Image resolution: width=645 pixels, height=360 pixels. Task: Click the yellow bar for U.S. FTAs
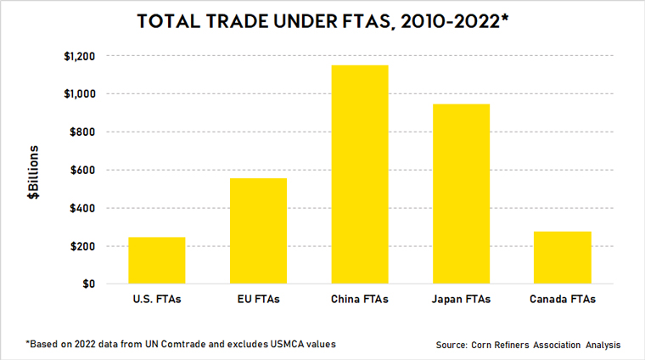(x=157, y=261)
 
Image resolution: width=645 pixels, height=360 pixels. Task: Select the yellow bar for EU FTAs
(x=258, y=231)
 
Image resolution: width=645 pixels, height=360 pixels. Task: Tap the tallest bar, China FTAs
(x=360, y=175)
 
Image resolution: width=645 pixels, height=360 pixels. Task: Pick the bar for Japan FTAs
(x=461, y=194)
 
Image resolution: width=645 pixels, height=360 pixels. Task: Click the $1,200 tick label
(x=78, y=56)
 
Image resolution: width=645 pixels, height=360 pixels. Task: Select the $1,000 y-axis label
(x=78, y=94)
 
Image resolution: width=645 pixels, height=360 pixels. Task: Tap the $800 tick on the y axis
(x=82, y=132)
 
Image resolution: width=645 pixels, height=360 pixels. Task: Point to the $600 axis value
(x=82, y=171)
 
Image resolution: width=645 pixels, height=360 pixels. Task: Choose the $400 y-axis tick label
(x=82, y=209)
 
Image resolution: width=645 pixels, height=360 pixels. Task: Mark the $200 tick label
(x=82, y=246)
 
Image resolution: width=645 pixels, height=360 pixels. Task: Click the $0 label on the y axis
(x=88, y=284)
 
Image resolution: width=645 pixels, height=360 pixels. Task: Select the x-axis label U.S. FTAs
(x=157, y=300)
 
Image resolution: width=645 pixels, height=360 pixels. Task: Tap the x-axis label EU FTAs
(x=258, y=300)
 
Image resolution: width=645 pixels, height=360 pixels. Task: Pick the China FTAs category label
(x=360, y=300)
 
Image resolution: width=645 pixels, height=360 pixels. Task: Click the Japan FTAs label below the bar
(x=461, y=300)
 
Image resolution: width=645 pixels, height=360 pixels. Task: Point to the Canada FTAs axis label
(x=562, y=300)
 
